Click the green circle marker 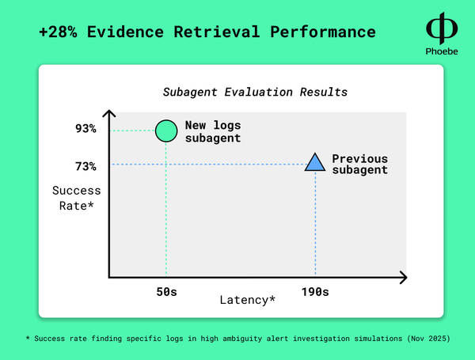click(166, 131)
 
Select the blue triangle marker click(315, 163)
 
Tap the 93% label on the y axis click(85, 129)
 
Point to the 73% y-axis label click(85, 166)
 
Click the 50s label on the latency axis click(166, 292)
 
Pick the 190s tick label click(315, 292)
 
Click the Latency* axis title click(248, 300)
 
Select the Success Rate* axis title click(76, 198)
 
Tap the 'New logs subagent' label click(213, 131)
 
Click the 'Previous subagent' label click(360, 164)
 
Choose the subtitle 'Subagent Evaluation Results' click(255, 92)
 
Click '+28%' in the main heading click(58, 32)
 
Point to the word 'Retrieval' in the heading click(217, 32)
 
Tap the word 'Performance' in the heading click(323, 32)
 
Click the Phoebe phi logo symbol click(442, 28)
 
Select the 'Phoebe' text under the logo click(442, 51)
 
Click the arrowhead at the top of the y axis click(109, 113)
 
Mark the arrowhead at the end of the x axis click(404, 278)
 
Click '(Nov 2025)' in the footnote click(428, 338)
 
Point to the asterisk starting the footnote click(28, 338)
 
